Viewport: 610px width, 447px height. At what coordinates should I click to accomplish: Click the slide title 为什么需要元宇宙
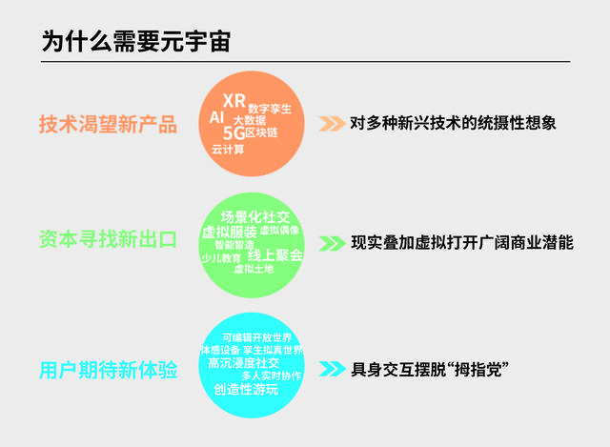(135, 41)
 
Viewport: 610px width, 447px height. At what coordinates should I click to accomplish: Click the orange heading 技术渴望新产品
(108, 124)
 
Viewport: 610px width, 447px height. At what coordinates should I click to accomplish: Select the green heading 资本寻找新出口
(108, 239)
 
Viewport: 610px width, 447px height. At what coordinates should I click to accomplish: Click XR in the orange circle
(234, 101)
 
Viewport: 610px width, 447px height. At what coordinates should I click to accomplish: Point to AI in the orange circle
(217, 116)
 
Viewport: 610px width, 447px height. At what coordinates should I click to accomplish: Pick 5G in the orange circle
(233, 133)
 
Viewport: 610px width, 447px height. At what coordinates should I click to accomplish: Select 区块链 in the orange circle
(261, 133)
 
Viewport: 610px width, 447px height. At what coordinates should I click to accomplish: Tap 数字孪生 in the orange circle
(270, 109)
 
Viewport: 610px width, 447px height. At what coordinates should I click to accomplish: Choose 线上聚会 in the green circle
(275, 254)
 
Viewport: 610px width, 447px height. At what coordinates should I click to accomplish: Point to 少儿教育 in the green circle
(221, 257)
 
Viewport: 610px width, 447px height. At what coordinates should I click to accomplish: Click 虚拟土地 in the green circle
(254, 270)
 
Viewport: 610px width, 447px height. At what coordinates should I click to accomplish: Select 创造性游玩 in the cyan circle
(246, 389)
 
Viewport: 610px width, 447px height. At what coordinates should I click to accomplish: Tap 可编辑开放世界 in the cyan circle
(257, 337)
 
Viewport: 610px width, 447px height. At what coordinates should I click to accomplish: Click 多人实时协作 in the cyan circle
(271, 376)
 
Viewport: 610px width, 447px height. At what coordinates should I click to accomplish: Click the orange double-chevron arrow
(331, 123)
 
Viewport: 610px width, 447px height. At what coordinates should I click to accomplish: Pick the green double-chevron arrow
(331, 242)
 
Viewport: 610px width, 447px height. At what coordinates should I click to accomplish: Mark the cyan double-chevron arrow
(331, 368)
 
